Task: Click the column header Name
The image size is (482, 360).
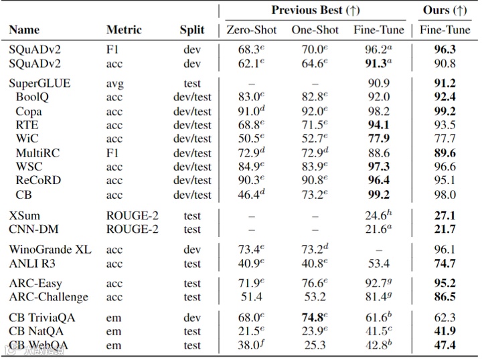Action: pos(24,29)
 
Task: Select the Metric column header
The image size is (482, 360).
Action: pos(124,29)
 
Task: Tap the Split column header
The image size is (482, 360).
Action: pos(191,29)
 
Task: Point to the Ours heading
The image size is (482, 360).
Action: pos(445,10)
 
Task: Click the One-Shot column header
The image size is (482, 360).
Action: pos(314,29)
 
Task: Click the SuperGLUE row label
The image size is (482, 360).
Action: pos(39,84)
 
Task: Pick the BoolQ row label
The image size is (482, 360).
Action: pos(32,98)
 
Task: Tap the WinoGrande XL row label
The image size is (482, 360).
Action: pos(50,250)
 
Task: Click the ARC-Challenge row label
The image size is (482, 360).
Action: pos(48,297)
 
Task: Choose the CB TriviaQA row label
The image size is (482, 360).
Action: pos(44,318)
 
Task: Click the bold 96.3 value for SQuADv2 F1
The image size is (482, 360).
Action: pos(445,50)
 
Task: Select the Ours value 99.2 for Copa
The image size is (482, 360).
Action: pos(445,111)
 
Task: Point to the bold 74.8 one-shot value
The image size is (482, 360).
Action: pos(313,318)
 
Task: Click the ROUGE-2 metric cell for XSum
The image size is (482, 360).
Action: pos(133,215)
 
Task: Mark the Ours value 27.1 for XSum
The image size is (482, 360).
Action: pos(445,215)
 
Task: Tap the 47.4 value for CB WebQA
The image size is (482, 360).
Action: pos(445,345)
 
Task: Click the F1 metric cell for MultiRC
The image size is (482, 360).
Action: pos(114,153)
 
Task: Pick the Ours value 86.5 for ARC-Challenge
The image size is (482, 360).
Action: pos(445,297)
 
